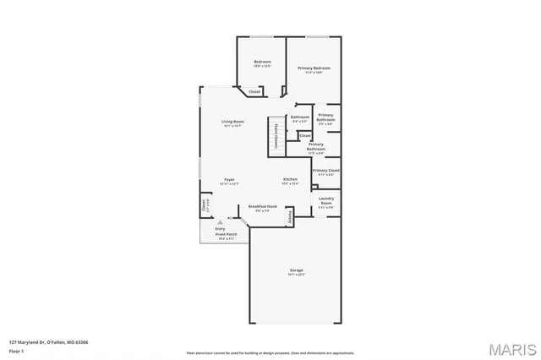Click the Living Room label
232,123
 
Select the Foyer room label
229,180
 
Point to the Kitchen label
290,180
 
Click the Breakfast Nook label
262,207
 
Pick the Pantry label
291,217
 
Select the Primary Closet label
325,171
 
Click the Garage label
295,271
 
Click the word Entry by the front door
220,228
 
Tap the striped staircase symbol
276,135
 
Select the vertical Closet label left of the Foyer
205,205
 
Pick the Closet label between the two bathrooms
305,135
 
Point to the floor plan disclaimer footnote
270,352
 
